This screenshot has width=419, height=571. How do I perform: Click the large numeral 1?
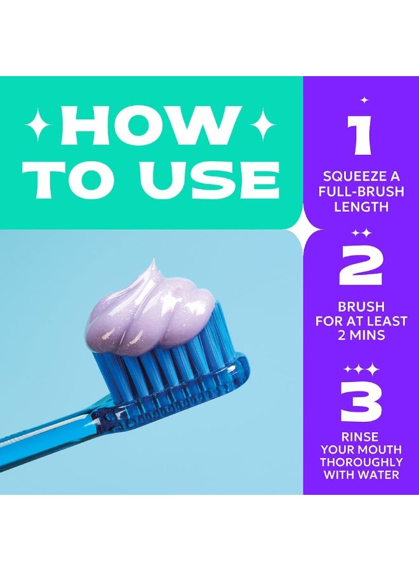362,136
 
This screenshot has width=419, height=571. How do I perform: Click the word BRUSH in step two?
361,307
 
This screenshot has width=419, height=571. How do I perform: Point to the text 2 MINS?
361,335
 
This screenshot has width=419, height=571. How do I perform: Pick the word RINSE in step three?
360,436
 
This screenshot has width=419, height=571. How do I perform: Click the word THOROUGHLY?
361,462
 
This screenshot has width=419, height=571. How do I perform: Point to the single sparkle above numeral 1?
364,100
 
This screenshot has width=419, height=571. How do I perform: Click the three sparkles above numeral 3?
361,368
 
